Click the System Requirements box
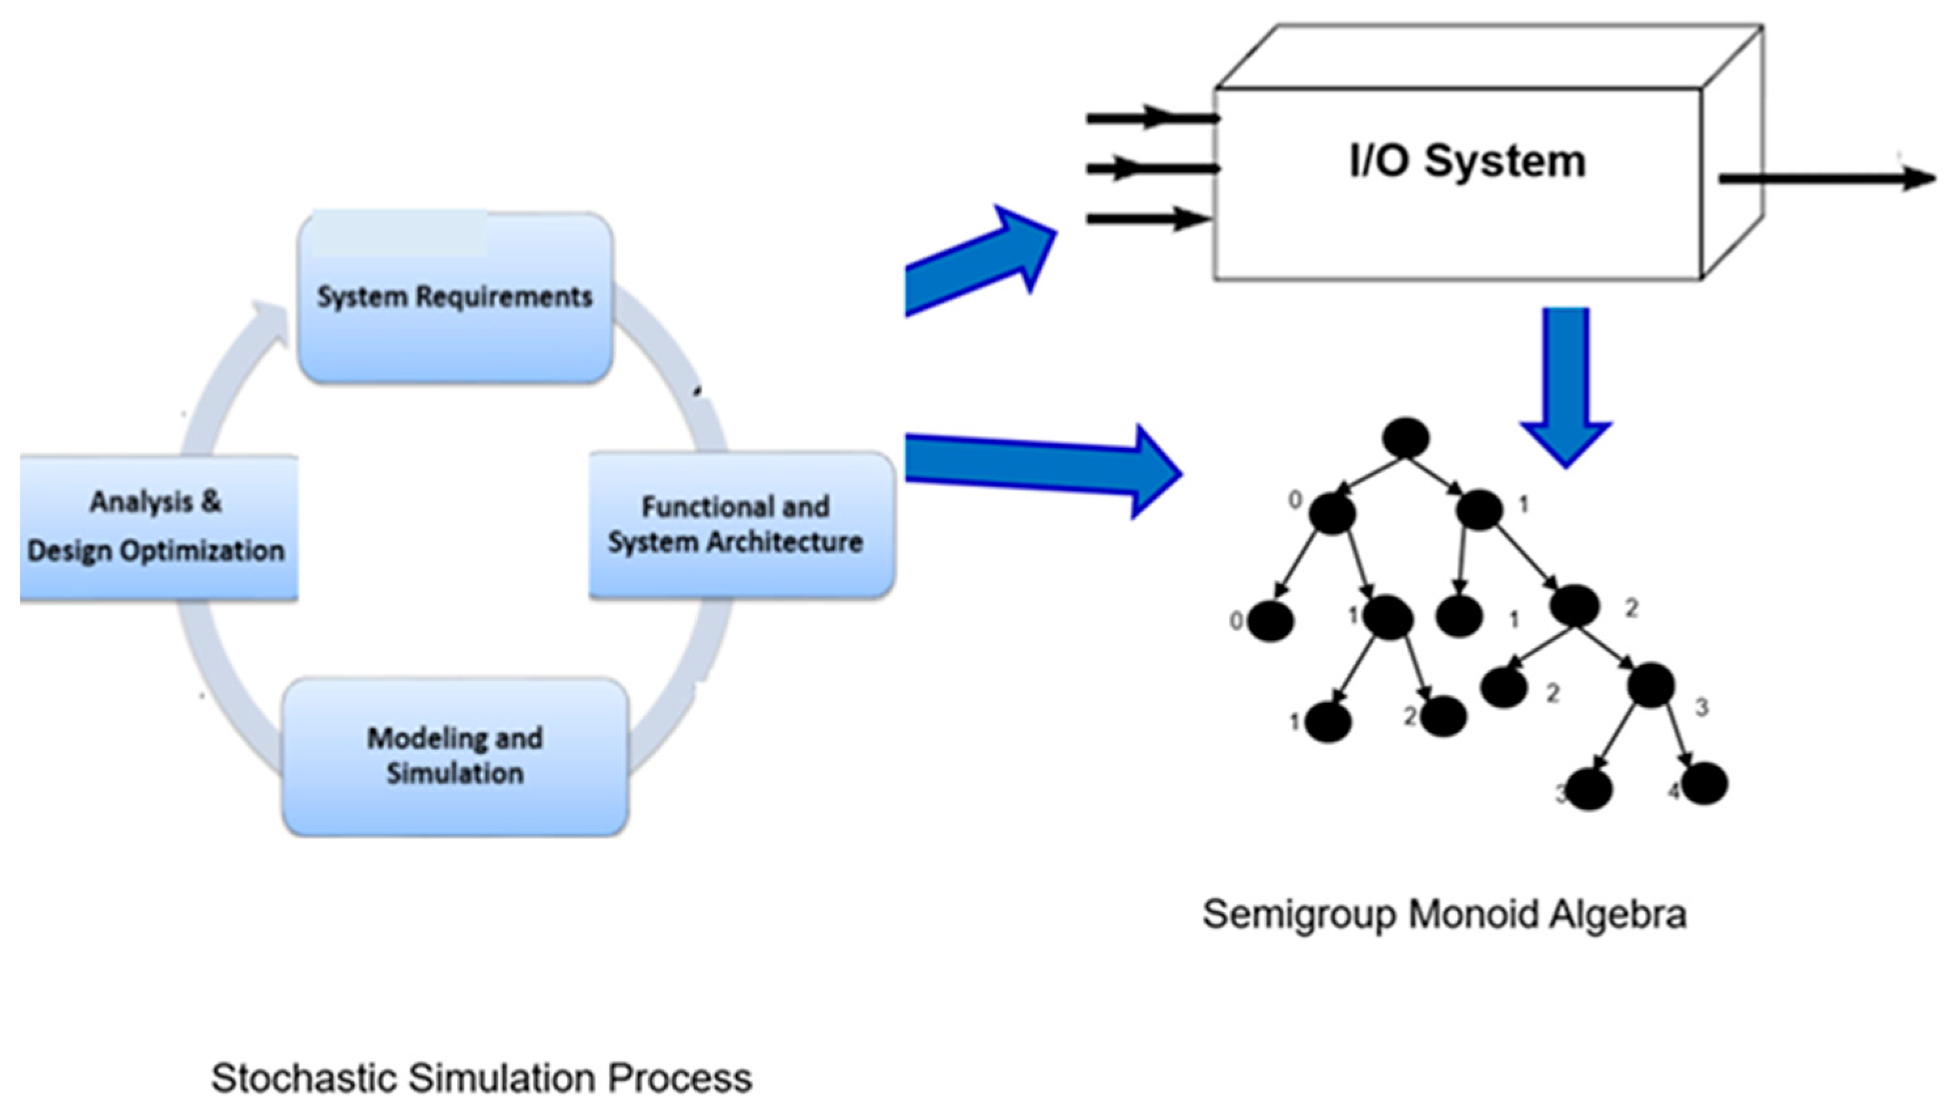[x=455, y=298]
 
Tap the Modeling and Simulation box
[x=455, y=757]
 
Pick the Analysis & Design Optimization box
[x=157, y=528]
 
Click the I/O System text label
[x=1467, y=162]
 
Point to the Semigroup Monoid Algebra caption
[x=1444, y=914]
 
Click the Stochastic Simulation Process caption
[x=481, y=1078]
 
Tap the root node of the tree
[x=1405, y=438]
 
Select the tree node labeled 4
[x=1704, y=784]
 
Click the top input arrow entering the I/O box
[x=1151, y=118]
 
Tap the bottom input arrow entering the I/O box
[x=1147, y=219]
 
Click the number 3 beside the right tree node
[x=1701, y=708]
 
